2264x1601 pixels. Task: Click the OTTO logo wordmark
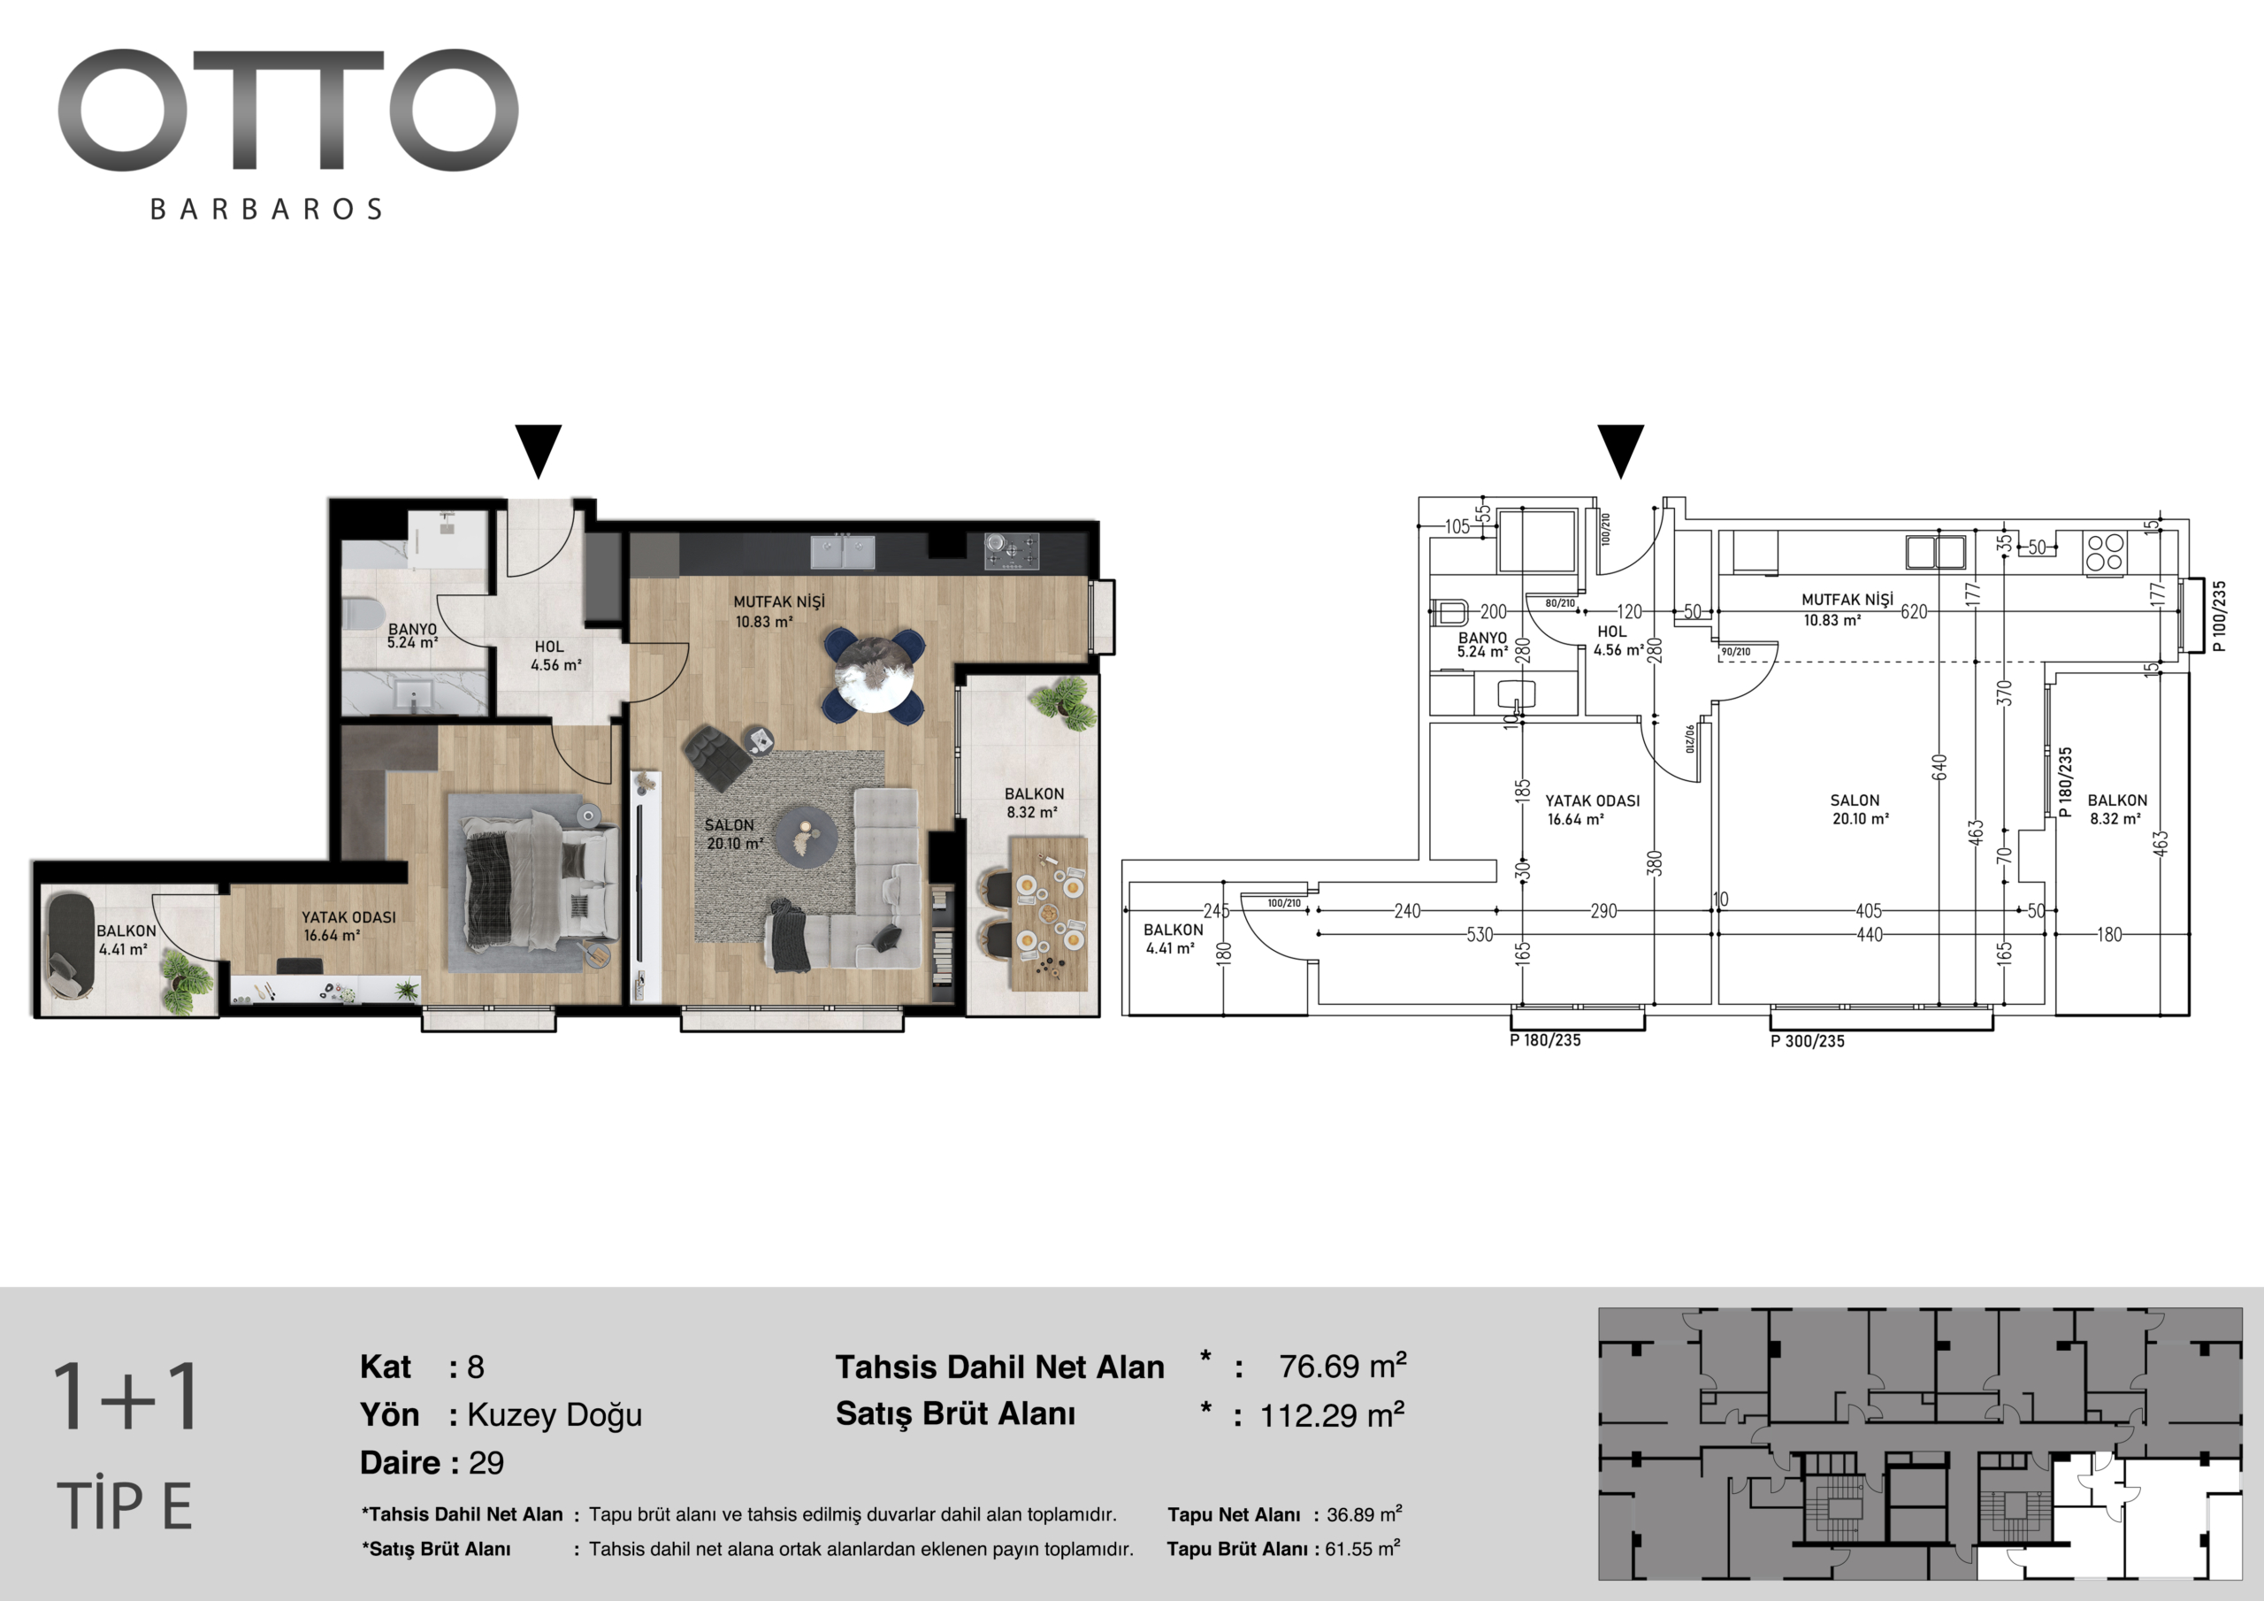[x=288, y=110]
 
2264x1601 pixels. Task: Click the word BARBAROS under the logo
[x=266, y=209]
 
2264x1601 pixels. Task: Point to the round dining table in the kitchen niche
[x=874, y=675]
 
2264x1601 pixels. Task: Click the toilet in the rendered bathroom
[x=363, y=615]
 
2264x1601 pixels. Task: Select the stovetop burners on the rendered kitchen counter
[x=1012, y=550]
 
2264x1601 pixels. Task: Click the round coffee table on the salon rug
[x=807, y=834]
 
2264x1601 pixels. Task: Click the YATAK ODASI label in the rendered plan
[x=349, y=917]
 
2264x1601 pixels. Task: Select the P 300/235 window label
[x=1808, y=1041]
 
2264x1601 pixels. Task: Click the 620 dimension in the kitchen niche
[x=1914, y=611]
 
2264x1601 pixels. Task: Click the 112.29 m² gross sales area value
[x=1332, y=1415]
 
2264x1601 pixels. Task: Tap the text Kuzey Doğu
[x=555, y=1415]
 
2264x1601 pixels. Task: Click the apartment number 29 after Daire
[x=486, y=1463]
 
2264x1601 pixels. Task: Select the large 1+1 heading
[x=126, y=1396]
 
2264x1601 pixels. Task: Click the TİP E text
[x=124, y=1505]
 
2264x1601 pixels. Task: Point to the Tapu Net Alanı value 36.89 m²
[x=1365, y=1514]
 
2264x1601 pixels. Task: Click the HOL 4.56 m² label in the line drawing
[x=1618, y=641]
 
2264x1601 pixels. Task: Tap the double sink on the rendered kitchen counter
[x=843, y=551]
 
